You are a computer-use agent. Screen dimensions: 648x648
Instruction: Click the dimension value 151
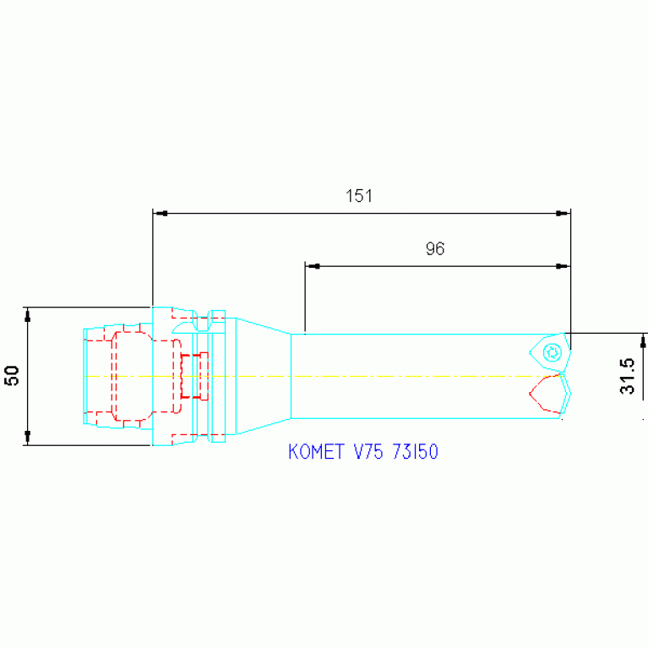point(359,196)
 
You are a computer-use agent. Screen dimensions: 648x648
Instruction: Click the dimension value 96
point(435,248)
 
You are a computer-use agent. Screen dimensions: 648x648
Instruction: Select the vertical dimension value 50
point(12,375)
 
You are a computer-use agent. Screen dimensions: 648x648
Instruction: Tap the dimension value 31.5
point(627,376)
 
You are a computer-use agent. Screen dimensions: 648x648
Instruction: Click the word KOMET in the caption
point(316,451)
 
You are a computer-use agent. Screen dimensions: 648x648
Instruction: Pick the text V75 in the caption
point(368,451)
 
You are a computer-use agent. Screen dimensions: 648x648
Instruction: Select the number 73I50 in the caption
point(416,451)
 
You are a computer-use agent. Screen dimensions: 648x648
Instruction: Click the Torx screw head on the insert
point(553,352)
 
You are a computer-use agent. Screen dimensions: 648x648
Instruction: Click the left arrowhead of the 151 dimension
point(160,213)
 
